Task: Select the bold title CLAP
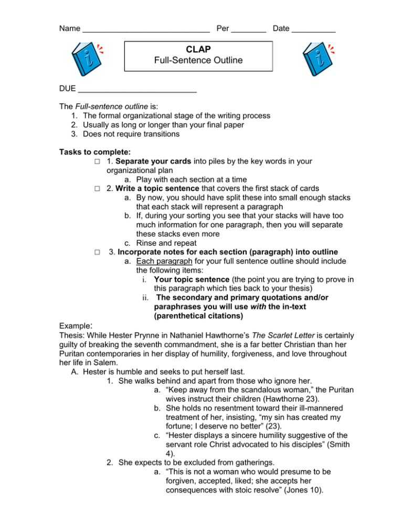(198, 50)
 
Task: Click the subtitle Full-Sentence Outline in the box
(198, 60)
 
